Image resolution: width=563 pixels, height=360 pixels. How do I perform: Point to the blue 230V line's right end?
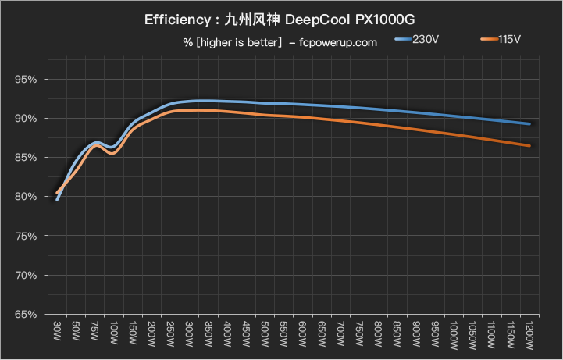(529, 123)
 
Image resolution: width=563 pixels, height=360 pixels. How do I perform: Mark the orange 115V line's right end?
(529, 145)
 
